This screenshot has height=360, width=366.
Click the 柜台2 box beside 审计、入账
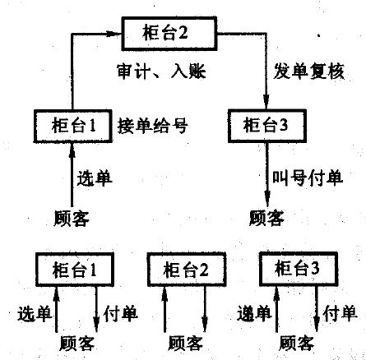(x=169, y=34)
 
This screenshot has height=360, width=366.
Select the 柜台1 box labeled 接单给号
(x=72, y=126)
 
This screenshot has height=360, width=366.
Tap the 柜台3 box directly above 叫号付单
(x=267, y=126)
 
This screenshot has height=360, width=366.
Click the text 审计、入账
(x=161, y=72)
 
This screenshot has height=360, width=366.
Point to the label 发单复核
(x=308, y=72)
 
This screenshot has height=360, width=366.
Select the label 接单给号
(x=152, y=127)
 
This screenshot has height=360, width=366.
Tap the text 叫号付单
(x=308, y=178)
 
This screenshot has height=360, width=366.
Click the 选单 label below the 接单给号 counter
(x=95, y=178)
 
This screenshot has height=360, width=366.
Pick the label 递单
(x=254, y=313)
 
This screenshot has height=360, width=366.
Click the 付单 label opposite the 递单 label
(x=341, y=313)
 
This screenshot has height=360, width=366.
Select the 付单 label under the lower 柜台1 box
(x=120, y=313)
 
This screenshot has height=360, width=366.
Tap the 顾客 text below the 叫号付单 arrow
(x=266, y=219)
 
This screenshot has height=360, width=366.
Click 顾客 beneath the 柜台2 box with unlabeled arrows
(x=186, y=343)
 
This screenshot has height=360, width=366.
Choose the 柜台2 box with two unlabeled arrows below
(x=187, y=270)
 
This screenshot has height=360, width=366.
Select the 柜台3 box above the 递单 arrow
(x=299, y=269)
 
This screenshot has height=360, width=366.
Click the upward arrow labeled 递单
(x=276, y=309)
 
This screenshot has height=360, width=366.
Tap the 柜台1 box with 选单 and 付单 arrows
(x=75, y=270)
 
